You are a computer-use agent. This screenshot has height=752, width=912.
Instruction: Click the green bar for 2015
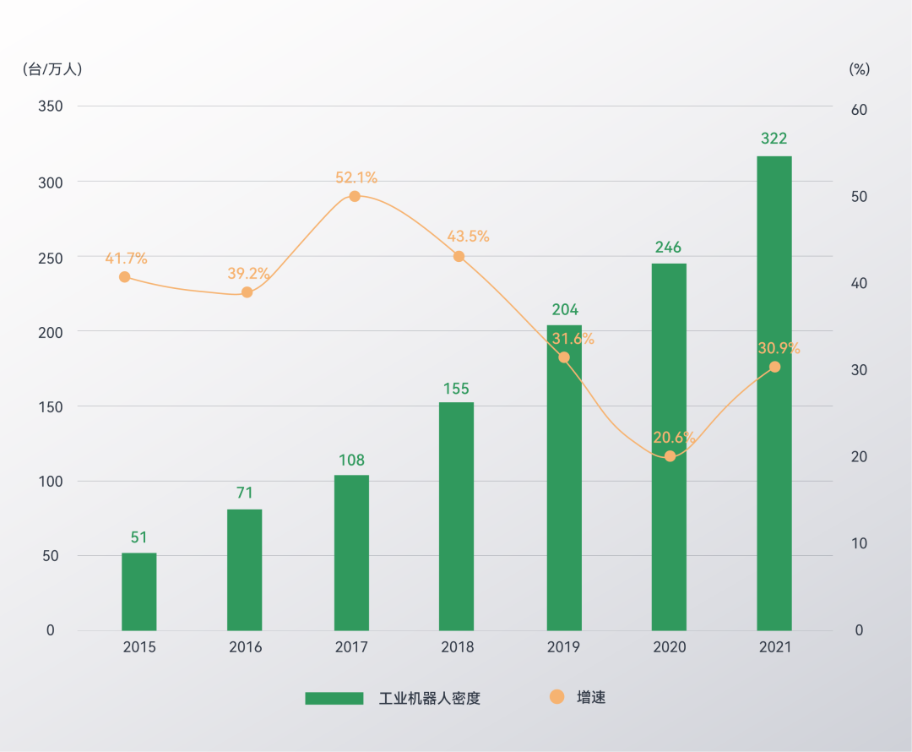(139, 591)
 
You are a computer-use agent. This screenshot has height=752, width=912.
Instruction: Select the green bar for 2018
(457, 516)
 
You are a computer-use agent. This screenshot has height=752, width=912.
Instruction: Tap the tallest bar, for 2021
(774, 393)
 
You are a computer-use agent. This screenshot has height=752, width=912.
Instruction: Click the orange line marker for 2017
(355, 196)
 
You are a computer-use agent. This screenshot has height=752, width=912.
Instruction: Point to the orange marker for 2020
(670, 456)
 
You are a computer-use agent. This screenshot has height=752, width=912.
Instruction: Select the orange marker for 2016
(247, 292)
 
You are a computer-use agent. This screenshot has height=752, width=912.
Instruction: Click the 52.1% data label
(356, 178)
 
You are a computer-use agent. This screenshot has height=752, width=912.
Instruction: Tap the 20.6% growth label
(674, 438)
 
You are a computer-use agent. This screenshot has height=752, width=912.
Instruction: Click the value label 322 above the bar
(774, 139)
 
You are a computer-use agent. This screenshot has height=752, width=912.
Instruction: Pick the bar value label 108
(351, 460)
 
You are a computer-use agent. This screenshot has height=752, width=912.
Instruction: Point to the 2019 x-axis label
(563, 647)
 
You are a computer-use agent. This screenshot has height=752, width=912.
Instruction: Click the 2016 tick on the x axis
(246, 647)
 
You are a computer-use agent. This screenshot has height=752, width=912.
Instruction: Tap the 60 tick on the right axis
(858, 110)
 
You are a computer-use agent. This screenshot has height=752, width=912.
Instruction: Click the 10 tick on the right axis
(858, 543)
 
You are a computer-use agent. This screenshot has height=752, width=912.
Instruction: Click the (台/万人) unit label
(52, 69)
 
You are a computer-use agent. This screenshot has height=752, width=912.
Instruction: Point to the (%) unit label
(859, 69)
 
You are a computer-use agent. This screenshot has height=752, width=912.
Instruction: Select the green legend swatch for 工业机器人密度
(334, 698)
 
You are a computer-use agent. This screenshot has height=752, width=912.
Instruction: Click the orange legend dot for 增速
(556, 697)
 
